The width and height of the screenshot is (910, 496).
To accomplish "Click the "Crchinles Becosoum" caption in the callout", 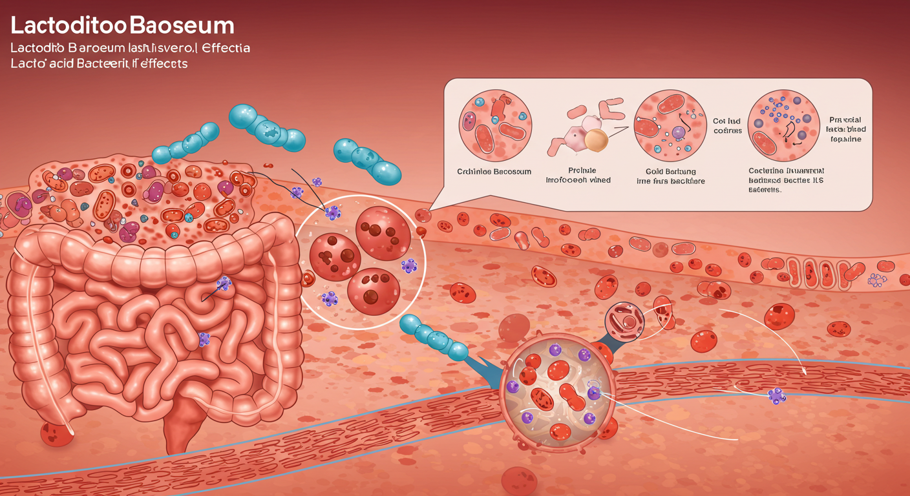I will tap(494, 171).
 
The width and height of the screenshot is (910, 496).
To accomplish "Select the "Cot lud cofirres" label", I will tap(728, 126).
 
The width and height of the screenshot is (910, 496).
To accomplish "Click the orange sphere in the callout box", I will tap(596, 141).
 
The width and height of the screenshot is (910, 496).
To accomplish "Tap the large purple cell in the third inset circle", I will tap(678, 132).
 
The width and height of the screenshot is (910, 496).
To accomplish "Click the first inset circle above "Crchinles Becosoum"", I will tap(494, 125).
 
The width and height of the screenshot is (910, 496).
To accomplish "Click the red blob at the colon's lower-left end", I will tap(57, 433).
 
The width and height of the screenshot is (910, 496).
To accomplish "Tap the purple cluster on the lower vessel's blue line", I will tap(777, 396).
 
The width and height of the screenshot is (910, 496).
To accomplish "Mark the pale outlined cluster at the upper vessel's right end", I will tap(878, 280).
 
